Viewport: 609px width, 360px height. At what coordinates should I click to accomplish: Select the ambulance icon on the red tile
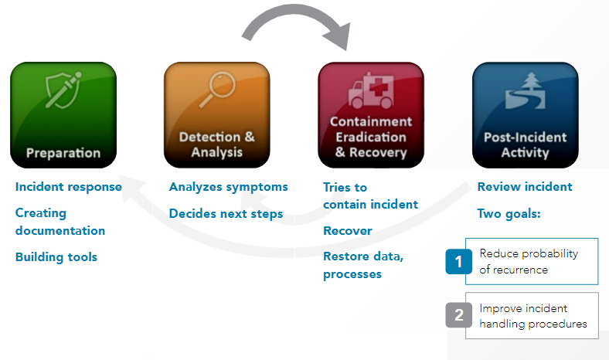tap(371, 90)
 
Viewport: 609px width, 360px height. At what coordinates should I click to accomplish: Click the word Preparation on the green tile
tap(63, 153)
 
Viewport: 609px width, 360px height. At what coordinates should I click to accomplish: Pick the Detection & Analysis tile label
tap(217, 144)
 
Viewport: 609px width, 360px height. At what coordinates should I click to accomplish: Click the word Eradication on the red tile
tap(371, 137)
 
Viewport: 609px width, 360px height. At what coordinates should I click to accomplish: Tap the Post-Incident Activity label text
tap(525, 145)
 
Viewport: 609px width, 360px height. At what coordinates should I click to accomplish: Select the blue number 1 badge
tap(459, 261)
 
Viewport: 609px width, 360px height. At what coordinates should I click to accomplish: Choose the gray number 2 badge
tap(459, 315)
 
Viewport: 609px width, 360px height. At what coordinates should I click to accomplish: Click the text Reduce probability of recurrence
tap(529, 261)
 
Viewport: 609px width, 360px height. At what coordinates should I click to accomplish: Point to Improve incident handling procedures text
tap(533, 316)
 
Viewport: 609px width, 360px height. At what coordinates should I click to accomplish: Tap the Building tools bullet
tap(56, 257)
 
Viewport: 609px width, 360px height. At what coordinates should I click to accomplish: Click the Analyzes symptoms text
tap(229, 187)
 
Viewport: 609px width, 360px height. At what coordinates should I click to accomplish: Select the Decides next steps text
tap(226, 214)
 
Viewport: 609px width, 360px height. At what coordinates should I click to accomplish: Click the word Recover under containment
tap(348, 231)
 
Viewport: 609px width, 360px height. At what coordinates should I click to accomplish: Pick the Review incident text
tap(525, 187)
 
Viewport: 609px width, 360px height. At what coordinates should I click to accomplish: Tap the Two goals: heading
tap(509, 214)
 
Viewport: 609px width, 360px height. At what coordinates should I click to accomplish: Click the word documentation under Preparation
tap(60, 231)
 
